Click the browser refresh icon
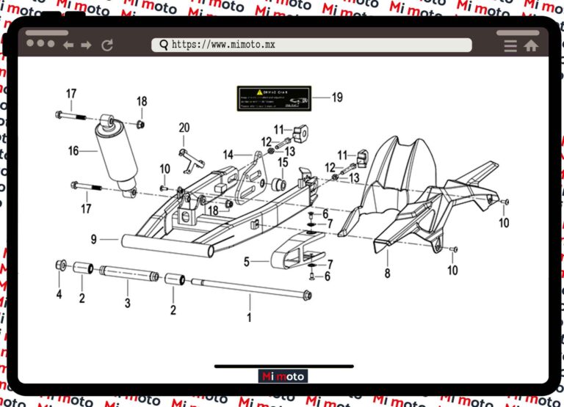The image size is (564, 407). (107, 45)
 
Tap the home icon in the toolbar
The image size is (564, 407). (531, 45)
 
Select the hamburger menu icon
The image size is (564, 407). (510, 45)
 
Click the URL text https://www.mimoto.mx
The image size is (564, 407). (223, 45)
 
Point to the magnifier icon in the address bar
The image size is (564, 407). (163, 45)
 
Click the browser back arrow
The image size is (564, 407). (69, 45)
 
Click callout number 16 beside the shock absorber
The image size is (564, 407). (73, 152)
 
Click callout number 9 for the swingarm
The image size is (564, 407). (94, 239)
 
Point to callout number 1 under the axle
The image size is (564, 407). (249, 318)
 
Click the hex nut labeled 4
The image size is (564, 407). (62, 265)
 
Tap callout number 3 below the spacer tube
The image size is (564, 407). (127, 303)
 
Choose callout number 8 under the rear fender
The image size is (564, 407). (387, 274)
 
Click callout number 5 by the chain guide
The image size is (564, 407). (247, 260)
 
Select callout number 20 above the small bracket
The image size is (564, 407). (184, 128)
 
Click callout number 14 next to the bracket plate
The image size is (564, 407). (228, 155)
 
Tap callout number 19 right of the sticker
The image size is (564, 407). (337, 97)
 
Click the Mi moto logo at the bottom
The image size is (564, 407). (283, 376)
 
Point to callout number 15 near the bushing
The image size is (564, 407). (283, 161)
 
